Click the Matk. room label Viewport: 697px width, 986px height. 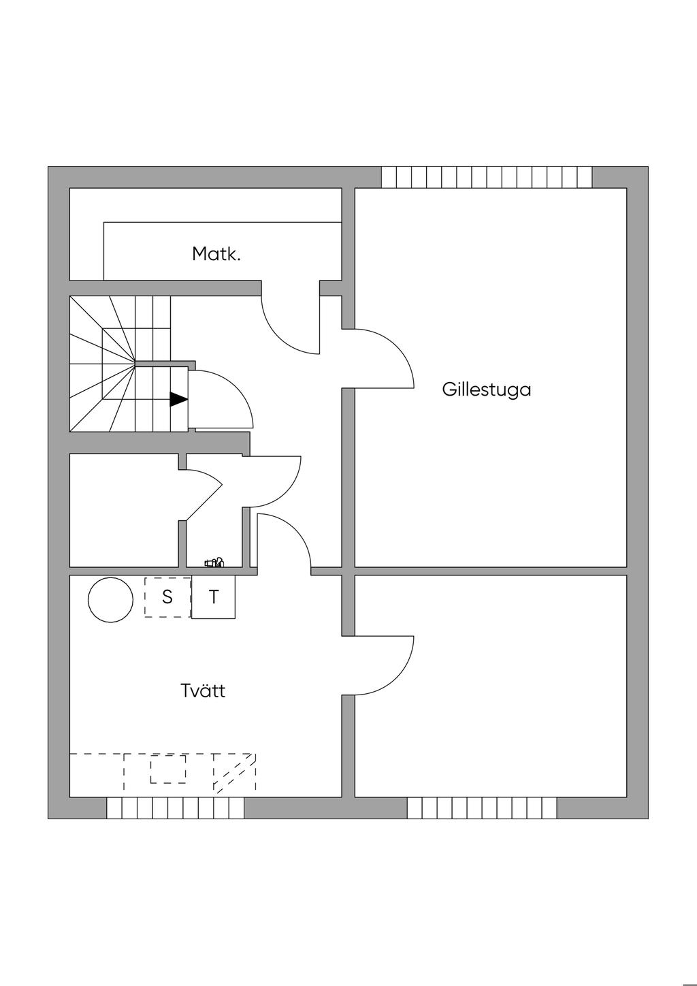tap(216, 255)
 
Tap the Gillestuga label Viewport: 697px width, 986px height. tap(486, 390)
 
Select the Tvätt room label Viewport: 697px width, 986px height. tap(203, 690)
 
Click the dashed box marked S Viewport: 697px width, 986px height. tap(167, 597)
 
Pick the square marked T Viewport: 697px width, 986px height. tap(214, 597)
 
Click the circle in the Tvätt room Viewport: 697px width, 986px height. tap(110, 600)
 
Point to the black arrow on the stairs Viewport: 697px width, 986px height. tap(178, 400)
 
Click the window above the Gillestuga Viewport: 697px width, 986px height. tap(486, 177)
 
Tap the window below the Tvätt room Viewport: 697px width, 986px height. tap(175, 808)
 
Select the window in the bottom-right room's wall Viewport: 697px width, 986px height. tap(482, 808)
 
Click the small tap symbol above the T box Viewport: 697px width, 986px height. tap(214, 562)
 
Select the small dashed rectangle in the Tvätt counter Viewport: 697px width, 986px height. tap(167, 769)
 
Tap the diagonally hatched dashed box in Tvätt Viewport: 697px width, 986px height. tap(235, 774)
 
